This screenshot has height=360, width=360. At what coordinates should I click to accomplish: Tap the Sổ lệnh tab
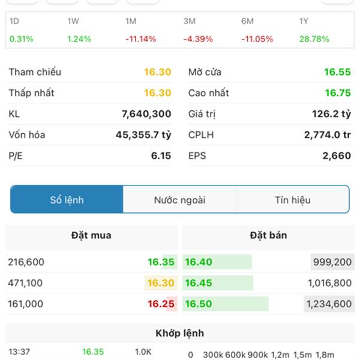tap(67, 200)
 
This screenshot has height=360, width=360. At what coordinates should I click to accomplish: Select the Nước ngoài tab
tap(179, 200)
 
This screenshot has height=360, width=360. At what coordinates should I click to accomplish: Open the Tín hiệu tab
tap(293, 200)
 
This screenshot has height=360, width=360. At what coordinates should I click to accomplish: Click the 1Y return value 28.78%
tap(314, 39)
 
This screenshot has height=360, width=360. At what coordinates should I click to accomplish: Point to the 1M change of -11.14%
tap(140, 39)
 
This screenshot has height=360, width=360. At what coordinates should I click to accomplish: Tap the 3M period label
tap(190, 21)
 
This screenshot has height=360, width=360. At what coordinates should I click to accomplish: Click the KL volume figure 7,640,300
tap(146, 114)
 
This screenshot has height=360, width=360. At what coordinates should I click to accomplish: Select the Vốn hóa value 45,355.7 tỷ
tap(143, 135)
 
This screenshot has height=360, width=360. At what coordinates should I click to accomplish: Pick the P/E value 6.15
tap(161, 156)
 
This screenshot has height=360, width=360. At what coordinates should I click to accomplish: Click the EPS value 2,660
tap(337, 156)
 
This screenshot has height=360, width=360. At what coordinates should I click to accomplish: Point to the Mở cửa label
tap(205, 72)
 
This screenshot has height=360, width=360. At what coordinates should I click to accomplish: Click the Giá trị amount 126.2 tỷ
tap(331, 114)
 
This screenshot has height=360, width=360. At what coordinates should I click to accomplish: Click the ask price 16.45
tap(199, 283)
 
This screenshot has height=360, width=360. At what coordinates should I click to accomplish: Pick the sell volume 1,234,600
tap(329, 304)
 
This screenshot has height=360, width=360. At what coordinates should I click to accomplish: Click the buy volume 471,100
tap(26, 283)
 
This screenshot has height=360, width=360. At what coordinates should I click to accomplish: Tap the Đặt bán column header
tap(268, 235)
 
